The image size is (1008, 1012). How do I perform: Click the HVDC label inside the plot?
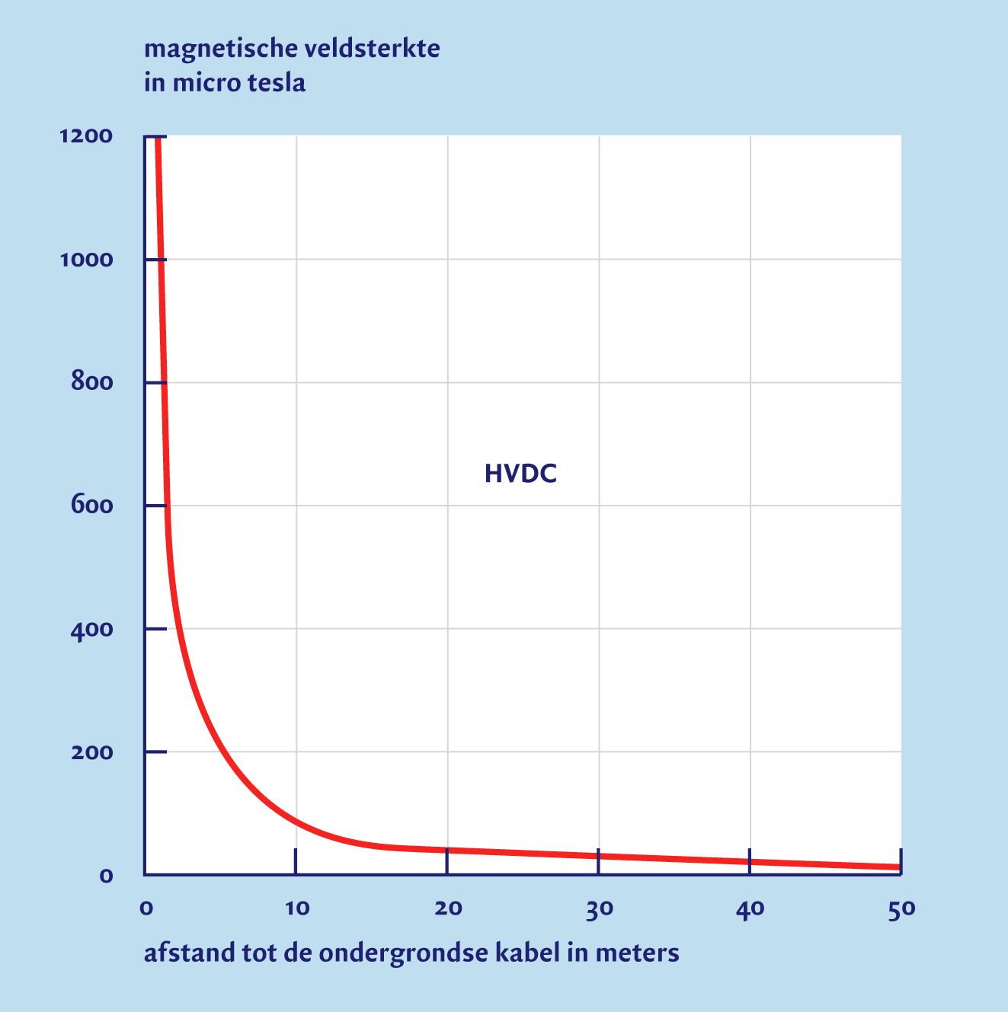click(520, 474)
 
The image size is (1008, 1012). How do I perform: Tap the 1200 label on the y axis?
click(85, 136)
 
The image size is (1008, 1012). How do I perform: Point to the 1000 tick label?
click(85, 260)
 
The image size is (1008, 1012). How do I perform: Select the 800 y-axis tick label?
click(91, 382)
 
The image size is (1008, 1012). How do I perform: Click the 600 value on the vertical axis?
click(91, 506)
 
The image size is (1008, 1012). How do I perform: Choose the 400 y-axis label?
click(91, 629)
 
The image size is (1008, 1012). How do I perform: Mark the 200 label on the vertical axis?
click(91, 752)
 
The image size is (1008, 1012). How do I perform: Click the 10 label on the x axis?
click(297, 908)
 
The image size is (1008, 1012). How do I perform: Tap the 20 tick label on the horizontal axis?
click(448, 908)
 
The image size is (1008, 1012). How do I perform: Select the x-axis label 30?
click(600, 908)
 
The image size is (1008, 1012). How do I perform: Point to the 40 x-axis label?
click(750, 908)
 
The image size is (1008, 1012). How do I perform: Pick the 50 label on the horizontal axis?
click(901, 908)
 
